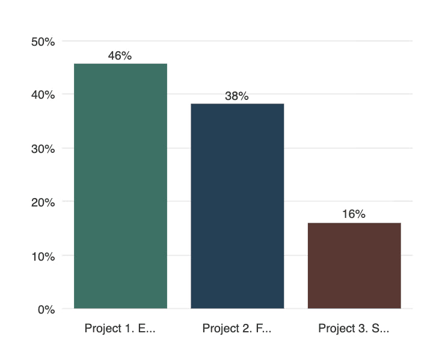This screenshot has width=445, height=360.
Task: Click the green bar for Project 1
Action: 120,186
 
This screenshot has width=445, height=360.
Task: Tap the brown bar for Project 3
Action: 354,265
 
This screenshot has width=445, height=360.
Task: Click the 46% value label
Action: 120,55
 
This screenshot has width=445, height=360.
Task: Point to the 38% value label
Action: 237,96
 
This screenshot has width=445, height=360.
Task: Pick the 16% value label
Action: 354,214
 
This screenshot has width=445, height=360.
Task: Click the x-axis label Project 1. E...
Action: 120,329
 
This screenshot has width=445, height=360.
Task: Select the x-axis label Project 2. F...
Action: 237,329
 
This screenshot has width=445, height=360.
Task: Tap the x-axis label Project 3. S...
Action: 354,329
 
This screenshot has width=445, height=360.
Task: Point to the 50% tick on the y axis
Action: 43,42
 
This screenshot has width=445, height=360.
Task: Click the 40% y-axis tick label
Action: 43,95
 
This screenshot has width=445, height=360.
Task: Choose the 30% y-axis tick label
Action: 43,148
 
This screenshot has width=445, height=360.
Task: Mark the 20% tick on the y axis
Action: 43,202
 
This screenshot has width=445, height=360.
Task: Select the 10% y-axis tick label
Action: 43,256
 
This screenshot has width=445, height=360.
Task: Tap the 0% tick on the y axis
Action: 46,309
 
